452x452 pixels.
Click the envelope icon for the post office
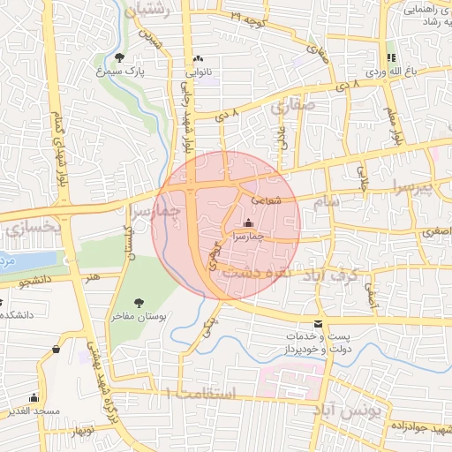click(x=319, y=323)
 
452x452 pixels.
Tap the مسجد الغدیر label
click(x=34, y=412)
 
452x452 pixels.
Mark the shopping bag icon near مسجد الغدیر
click(x=56, y=349)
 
